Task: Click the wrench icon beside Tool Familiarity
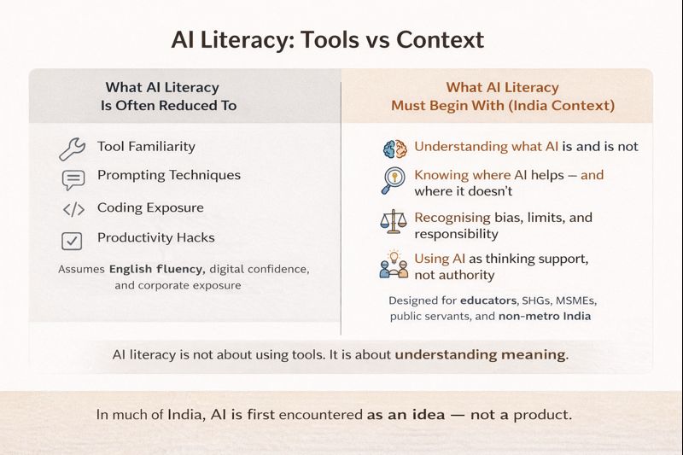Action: coord(72,149)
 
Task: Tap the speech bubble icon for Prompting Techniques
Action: coord(73,179)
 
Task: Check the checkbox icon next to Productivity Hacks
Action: coord(73,240)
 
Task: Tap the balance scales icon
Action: coord(394,222)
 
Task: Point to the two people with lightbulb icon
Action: coord(393,264)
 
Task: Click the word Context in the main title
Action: coord(441,39)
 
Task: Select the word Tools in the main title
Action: coord(332,39)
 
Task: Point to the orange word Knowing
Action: coord(441,175)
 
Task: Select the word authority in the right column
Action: coord(467,275)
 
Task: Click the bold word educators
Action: coord(482,300)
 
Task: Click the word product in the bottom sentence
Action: coord(544,415)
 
